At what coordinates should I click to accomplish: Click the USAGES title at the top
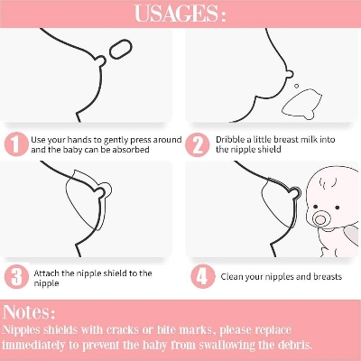pyautogui.click(x=180, y=14)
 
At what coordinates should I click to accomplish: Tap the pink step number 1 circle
pyautogui.click(x=16, y=144)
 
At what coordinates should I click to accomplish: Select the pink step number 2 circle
pyautogui.click(x=198, y=145)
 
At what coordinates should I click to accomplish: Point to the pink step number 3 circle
pyautogui.click(x=16, y=277)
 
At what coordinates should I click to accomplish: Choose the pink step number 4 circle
pyautogui.click(x=203, y=276)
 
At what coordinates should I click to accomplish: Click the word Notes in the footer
pyautogui.click(x=29, y=312)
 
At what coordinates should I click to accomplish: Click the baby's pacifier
pyautogui.click(x=319, y=219)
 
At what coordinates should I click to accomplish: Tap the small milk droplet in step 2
pyautogui.click(x=297, y=86)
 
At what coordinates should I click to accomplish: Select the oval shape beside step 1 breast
pyautogui.click(x=121, y=49)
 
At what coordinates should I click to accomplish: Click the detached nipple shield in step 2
pyautogui.click(x=302, y=104)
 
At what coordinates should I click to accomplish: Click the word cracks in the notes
pyautogui.click(x=124, y=330)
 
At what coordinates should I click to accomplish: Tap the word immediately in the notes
pyautogui.click(x=33, y=345)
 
